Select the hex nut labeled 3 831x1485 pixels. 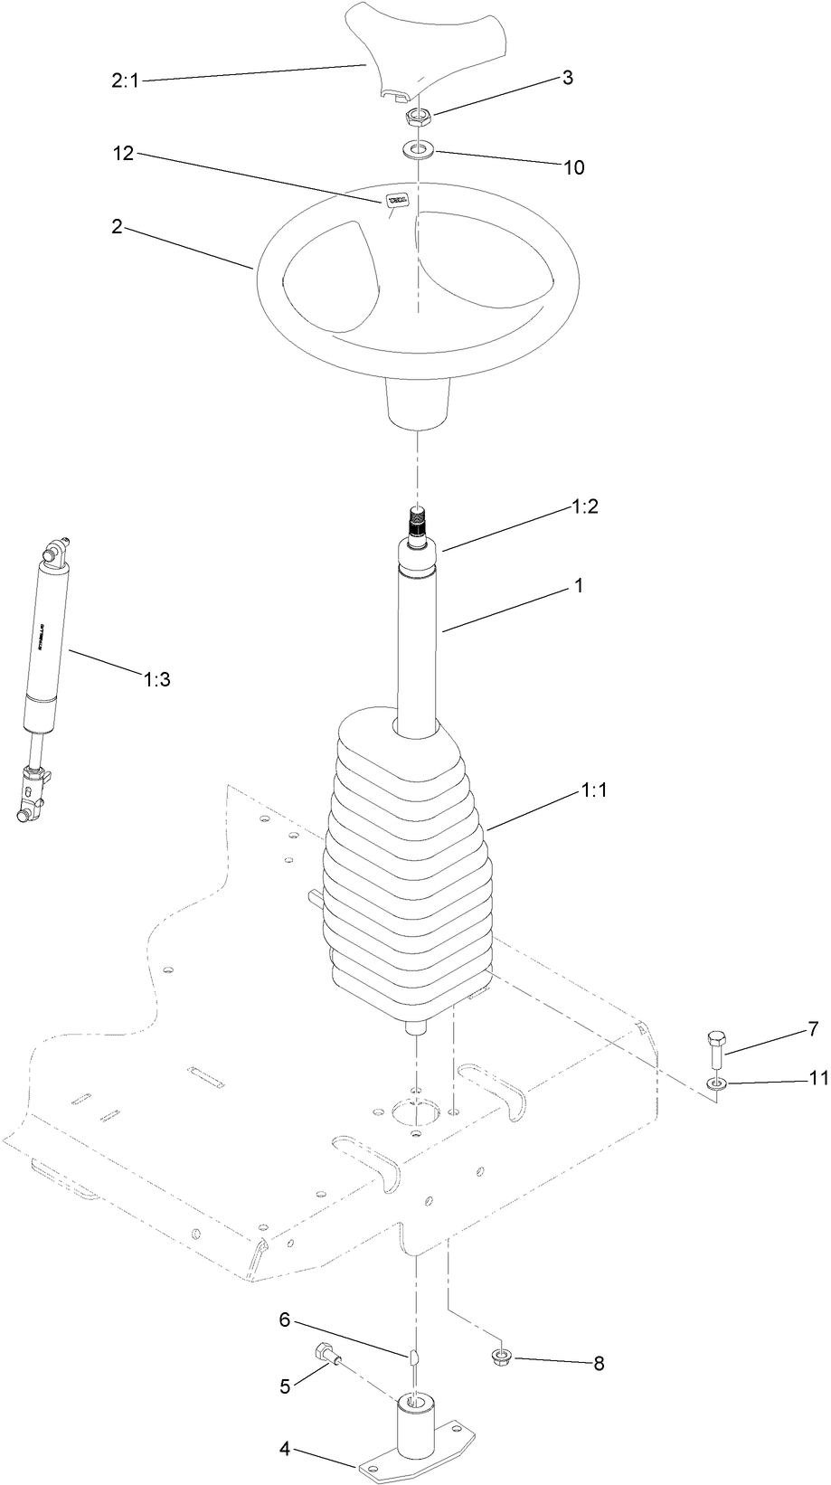point(419,117)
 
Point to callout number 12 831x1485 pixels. point(123,154)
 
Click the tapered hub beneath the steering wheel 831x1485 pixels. point(419,402)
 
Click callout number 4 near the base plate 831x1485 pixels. point(285,1449)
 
